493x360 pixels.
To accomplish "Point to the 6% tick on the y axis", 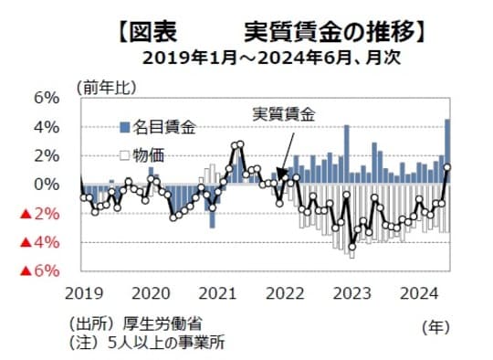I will (x=47, y=98).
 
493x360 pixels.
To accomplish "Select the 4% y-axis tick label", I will (x=47, y=126).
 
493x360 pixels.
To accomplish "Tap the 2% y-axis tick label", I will (x=47, y=155).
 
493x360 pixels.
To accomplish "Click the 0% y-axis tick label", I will (x=47, y=184).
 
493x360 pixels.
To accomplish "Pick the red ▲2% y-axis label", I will (x=39, y=214).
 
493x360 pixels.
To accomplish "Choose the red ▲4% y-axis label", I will (x=39, y=243).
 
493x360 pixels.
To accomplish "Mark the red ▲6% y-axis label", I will (x=39, y=271).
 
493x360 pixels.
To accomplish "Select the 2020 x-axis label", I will (x=150, y=292).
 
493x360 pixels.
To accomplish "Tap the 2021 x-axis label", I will (x=217, y=292).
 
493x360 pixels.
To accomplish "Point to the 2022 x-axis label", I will (x=284, y=292).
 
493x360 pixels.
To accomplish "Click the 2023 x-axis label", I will (x=351, y=292).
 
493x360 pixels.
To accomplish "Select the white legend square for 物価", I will (x=124, y=154).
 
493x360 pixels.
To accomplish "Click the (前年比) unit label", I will (x=108, y=89).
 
